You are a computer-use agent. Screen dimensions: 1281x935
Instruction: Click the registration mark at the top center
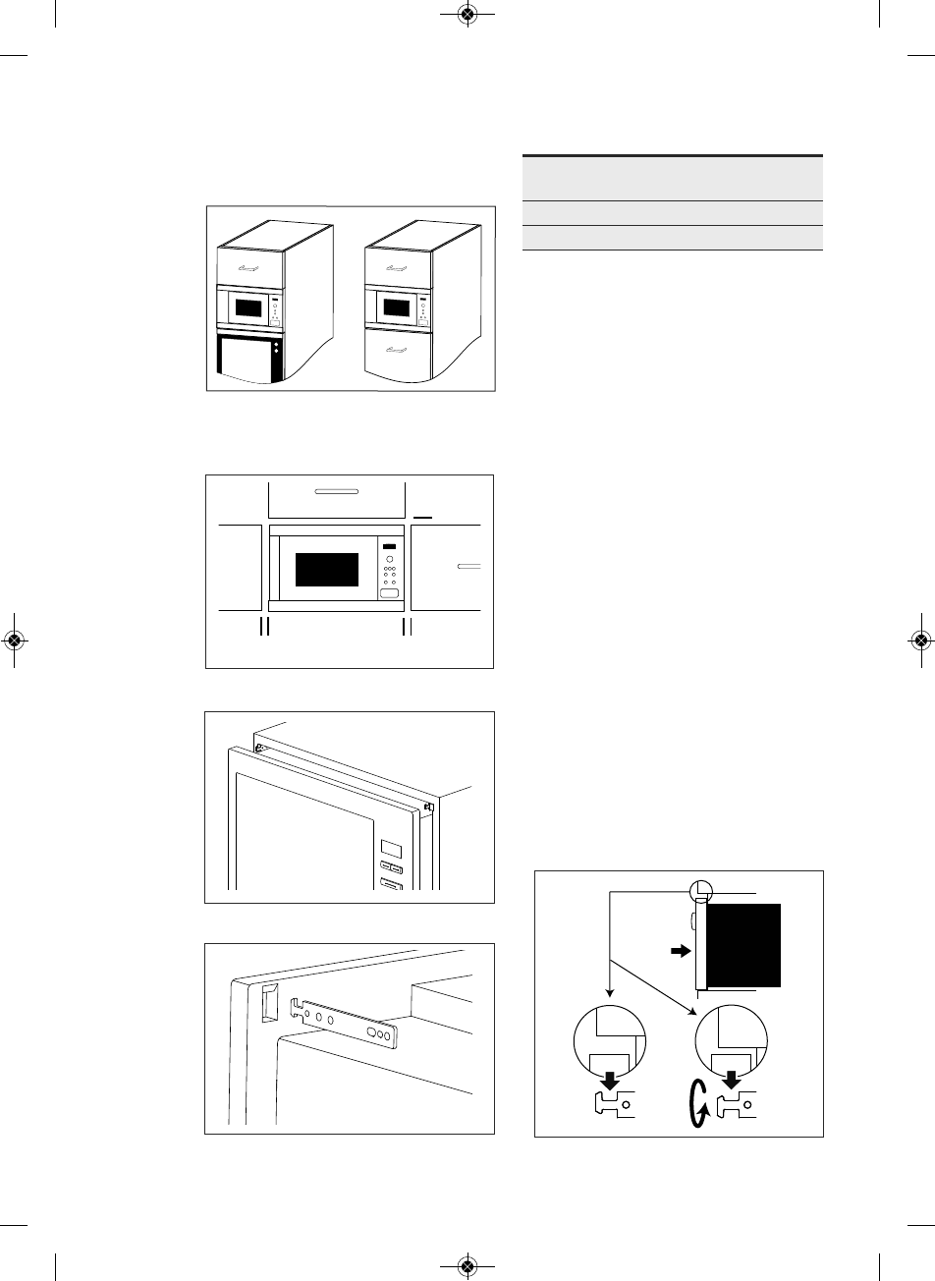click(x=467, y=15)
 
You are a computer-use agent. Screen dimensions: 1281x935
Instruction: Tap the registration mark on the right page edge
click(x=920, y=640)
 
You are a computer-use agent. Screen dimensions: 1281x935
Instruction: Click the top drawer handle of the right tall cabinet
click(x=398, y=267)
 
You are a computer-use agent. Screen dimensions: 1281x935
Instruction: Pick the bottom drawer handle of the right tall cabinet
click(x=398, y=349)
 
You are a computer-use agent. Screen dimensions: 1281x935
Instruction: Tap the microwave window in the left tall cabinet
click(x=249, y=307)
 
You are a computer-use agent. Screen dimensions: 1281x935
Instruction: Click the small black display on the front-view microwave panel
click(x=390, y=547)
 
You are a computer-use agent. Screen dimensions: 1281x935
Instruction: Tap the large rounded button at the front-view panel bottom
click(x=390, y=594)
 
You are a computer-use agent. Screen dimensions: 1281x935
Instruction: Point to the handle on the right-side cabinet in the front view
click(x=469, y=566)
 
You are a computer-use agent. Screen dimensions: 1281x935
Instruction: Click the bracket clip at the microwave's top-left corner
click(x=260, y=748)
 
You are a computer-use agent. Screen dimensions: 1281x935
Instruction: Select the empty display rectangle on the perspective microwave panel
click(x=390, y=848)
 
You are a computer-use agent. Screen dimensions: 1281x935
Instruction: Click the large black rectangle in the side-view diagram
click(x=743, y=944)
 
